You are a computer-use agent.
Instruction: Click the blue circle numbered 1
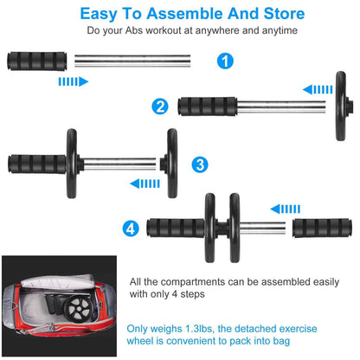(x=225, y=61)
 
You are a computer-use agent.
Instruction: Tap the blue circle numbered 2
(x=160, y=106)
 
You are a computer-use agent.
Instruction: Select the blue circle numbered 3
(x=200, y=164)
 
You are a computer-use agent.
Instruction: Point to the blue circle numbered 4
(x=130, y=228)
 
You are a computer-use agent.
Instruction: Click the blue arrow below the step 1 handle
(x=72, y=81)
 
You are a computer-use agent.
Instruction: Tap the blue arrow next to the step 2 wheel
(x=317, y=88)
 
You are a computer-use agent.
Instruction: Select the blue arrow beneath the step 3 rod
(x=144, y=183)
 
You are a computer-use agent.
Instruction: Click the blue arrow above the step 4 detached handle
(x=286, y=209)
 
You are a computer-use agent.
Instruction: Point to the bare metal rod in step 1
(x=132, y=61)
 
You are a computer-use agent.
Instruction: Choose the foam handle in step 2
(x=208, y=107)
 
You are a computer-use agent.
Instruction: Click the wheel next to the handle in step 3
(x=71, y=163)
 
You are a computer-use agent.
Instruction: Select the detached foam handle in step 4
(x=322, y=228)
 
